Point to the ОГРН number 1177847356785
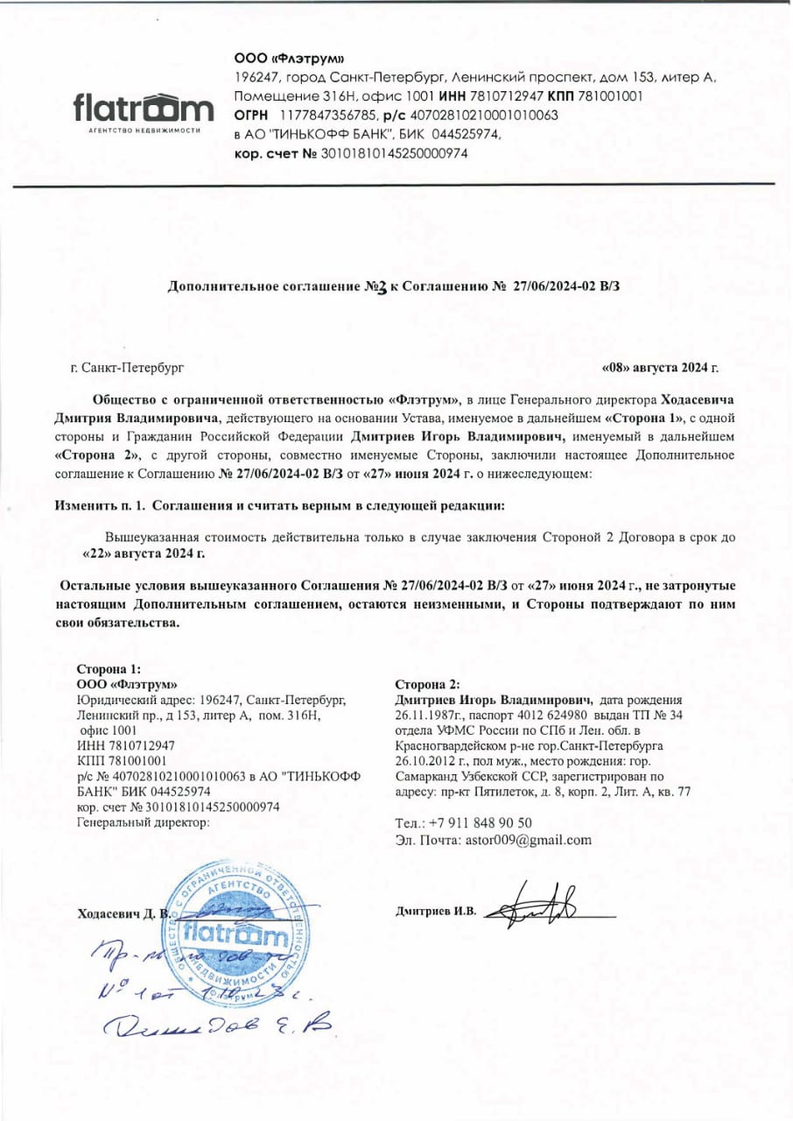[328, 115]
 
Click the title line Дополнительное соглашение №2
[398, 286]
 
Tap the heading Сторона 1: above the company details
[109, 668]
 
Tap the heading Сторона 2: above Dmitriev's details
[426, 684]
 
